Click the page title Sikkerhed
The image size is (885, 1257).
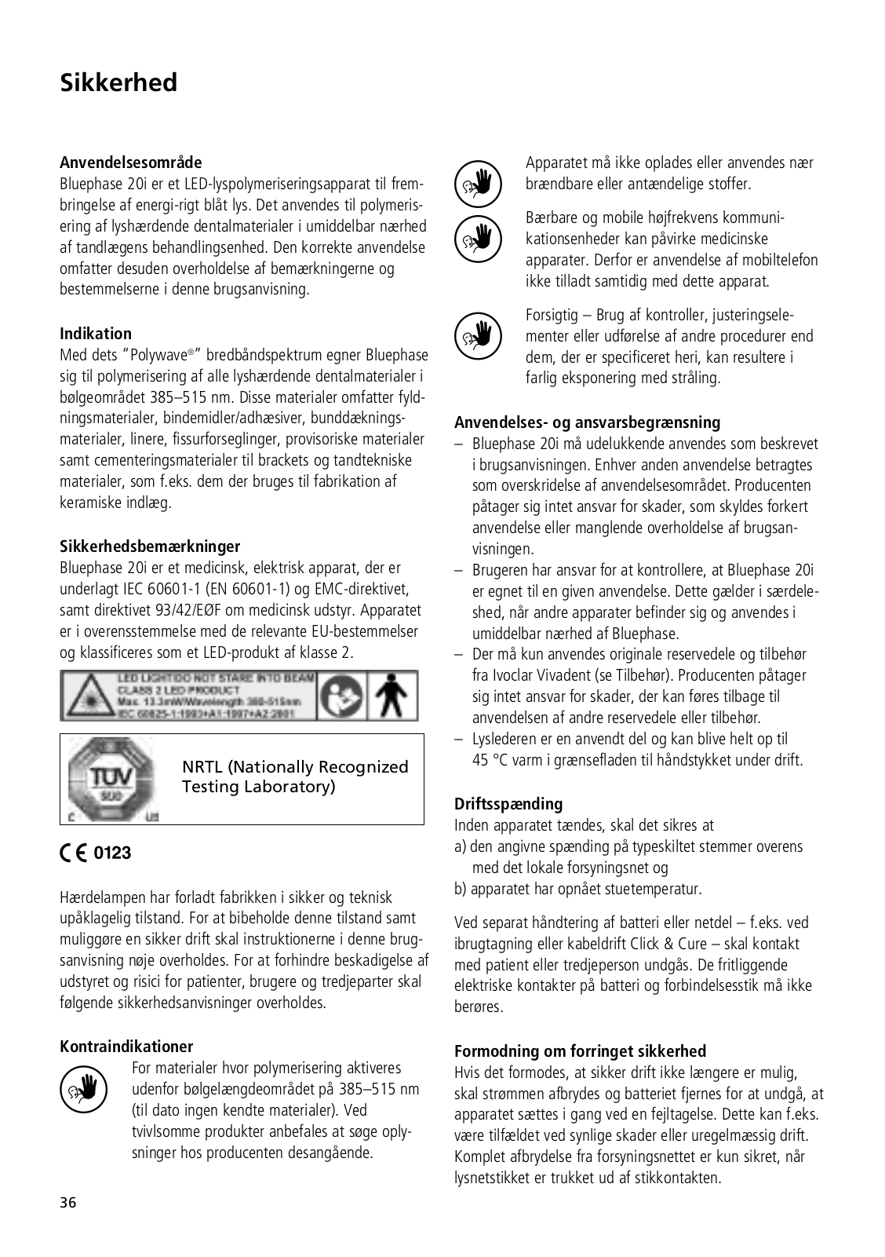pos(118,82)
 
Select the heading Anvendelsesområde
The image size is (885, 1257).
pos(130,163)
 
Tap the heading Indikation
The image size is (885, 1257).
pos(96,333)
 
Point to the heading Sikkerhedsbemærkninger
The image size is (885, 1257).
pos(150,546)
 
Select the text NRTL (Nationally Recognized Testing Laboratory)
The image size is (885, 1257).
pos(295,776)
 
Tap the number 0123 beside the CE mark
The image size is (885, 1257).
pos(113,853)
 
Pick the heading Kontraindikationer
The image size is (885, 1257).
pos(126,1046)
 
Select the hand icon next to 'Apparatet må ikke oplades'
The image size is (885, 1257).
pos(477,183)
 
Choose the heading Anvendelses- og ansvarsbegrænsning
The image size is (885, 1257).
pos(587,422)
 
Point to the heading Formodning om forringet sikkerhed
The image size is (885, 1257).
pos(580,1051)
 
